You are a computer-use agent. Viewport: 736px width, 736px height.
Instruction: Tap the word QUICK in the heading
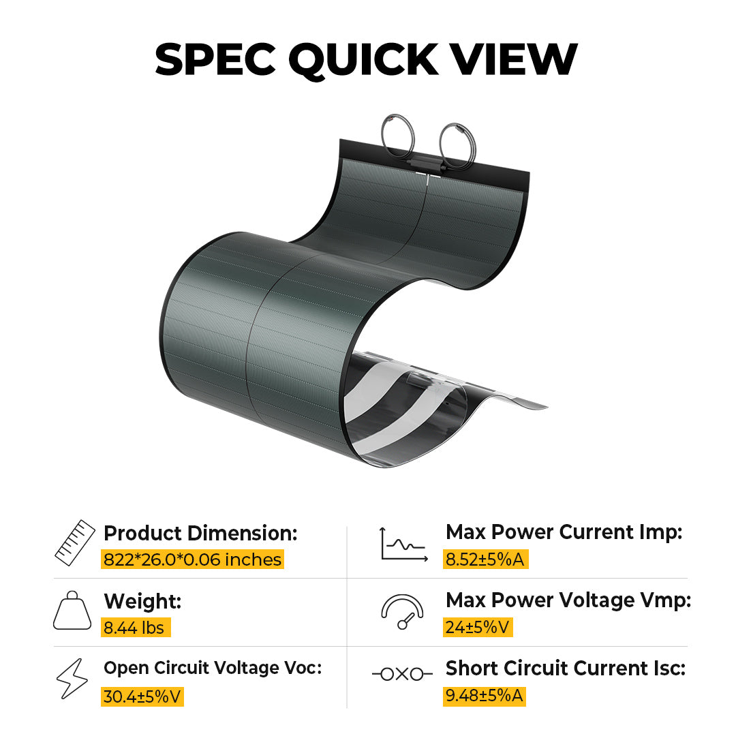click(363, 60)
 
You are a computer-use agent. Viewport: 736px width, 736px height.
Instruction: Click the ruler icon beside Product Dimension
click(75, 542)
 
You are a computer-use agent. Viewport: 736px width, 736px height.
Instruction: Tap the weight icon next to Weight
click(72, 610)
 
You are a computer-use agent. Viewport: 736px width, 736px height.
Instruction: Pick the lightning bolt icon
click(72, 679)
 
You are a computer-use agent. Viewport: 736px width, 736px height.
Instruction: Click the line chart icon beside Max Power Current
click(403, 544)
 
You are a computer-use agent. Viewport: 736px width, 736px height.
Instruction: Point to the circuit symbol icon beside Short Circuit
click(402, 675)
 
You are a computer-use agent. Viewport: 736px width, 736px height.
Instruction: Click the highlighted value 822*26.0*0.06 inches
click(192, 559)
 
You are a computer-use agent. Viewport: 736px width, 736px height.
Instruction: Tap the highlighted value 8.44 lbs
click(136, 628)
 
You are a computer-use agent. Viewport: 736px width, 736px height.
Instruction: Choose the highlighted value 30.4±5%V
click(142, 696)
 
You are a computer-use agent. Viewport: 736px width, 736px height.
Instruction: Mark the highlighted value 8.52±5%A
click(486, 559)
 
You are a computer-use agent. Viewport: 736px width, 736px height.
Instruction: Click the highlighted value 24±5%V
click(478, 627)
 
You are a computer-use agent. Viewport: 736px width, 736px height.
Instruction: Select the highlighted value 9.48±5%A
click(485, 696)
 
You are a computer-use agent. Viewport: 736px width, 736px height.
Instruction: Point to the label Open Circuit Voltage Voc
click(213, 668)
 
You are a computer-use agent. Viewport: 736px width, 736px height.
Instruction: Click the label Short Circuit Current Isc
click(566, 668)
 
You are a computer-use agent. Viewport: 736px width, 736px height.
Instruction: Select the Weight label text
click(142, 601)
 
